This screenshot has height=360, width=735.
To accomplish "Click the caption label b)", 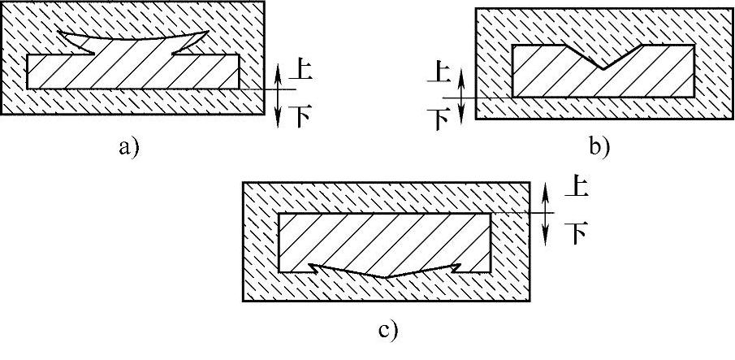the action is click(x=599, y=147).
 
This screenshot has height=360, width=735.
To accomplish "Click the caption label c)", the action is click(x=387, y=331).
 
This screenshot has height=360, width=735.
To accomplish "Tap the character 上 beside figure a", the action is click(x=301, y=71).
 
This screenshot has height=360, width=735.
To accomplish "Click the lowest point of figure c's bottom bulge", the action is click(x=387, y=277).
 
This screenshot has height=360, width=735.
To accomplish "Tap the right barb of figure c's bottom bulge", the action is click(x=459, y=265).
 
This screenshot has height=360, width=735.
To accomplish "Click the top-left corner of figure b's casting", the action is click(x=513, y=45).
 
